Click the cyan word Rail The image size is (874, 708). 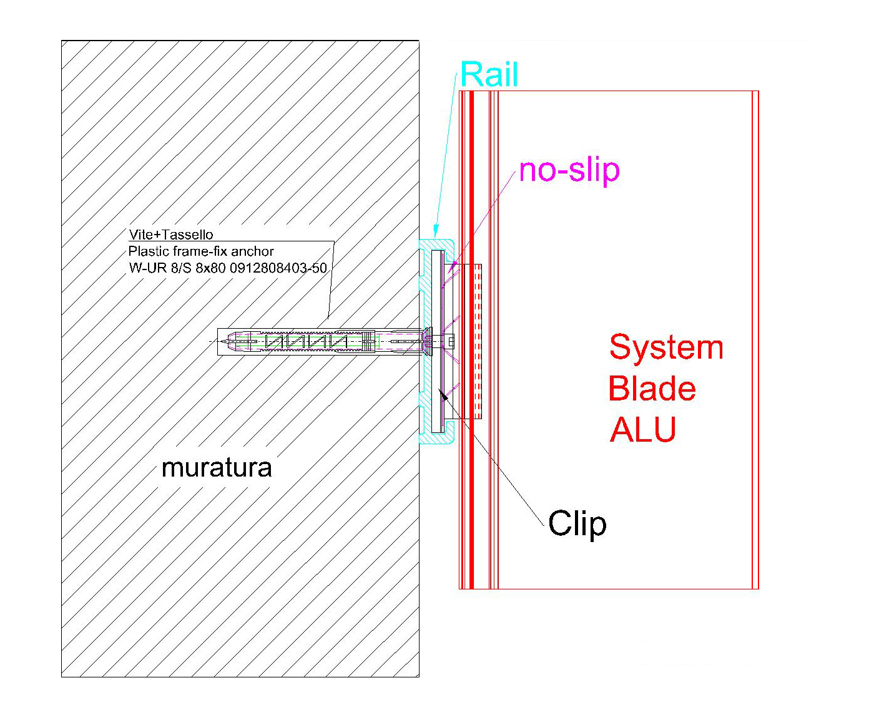pos(489,75)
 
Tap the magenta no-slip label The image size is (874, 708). pos(569,170)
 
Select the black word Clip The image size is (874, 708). pos(577,524)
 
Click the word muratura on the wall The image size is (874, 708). pos(217,468)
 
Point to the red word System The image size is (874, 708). pos(666,347)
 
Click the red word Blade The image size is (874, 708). pos(652,389)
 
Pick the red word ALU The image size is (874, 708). pos(643,430)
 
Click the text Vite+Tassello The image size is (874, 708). pos(171,235)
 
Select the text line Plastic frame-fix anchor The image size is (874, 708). pos(201,251)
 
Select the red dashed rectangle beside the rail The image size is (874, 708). pos(477,341)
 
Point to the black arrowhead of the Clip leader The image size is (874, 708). pos(443,394)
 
